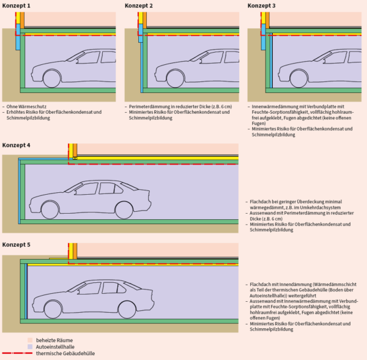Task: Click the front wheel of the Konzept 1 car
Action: click(51, 78)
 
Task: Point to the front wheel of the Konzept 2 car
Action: click(174, 78)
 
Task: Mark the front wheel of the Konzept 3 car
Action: click(297, 78)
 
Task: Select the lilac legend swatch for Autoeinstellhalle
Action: click(31, 347)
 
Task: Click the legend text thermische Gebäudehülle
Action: click(64, 354)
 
